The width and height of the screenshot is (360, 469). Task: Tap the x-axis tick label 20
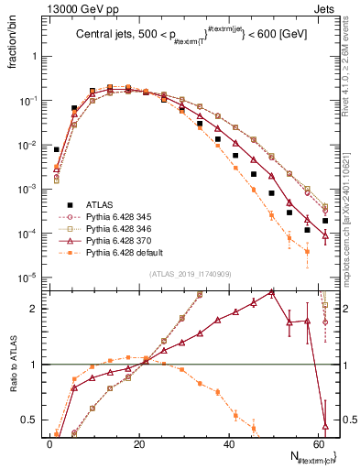click(x=138, y=445)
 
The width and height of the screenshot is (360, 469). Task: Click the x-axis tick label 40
click(x=228, y=445)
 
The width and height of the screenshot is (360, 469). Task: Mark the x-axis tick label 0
click(x=49, y=445)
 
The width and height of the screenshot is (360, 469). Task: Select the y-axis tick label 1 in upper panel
click(x=34, y=56)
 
